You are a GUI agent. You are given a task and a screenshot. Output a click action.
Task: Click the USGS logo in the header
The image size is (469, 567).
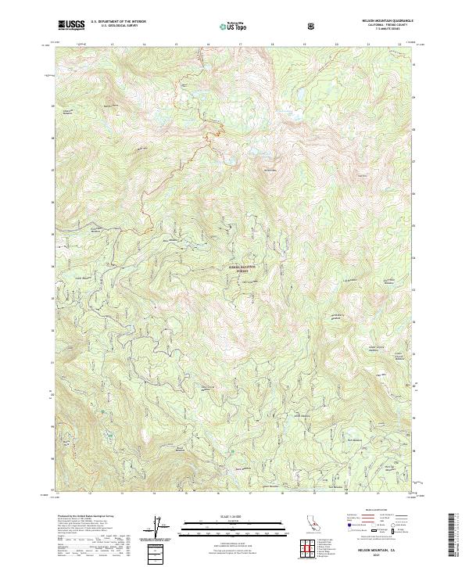[70, 25]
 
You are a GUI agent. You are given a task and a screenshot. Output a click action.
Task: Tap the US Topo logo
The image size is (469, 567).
[227, 25]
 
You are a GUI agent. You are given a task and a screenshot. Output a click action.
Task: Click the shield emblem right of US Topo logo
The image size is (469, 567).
[312, 26]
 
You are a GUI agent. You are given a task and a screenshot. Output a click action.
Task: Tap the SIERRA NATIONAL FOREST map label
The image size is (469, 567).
[242, 267]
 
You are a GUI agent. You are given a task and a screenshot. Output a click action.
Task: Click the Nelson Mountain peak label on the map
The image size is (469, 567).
[270, 170]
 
